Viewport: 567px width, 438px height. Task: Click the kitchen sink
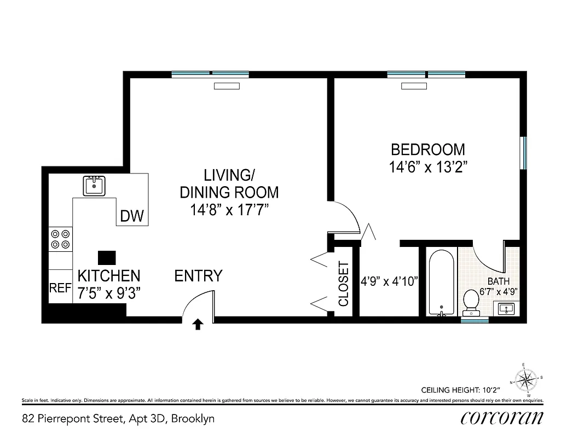click(94, 186)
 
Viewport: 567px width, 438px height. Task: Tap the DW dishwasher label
click(132, 217)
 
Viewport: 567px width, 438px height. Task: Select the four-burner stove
click(60, 239)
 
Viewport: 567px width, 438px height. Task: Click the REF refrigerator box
click(60, 287)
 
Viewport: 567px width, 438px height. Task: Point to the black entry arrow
click(198, 325)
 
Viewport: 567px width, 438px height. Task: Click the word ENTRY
click(198, 276)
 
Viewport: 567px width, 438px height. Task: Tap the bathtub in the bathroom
click(441, 283)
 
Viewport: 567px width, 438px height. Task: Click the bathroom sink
click(507, 308)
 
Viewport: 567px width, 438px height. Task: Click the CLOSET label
click(344, 284)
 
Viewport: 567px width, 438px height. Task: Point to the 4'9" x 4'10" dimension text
click(389, 282)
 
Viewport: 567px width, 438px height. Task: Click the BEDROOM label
click(427, 149)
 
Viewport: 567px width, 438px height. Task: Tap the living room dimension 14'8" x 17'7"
click(229, 209)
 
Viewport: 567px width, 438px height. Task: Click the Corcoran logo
click(502, 418)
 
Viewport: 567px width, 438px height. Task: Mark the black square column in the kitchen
click(107, 258)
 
